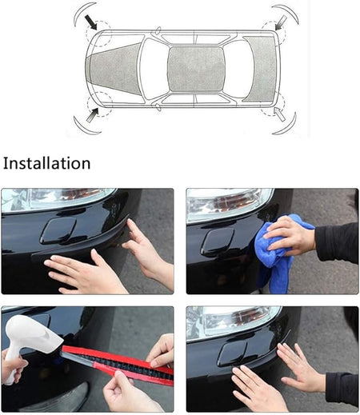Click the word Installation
(x=46, y=163)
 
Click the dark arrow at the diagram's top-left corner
(x=91, y=22)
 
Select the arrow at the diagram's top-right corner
(x=281, y=22)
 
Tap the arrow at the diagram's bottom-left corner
(x=93, y=115)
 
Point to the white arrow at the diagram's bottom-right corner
(x=280, y=114)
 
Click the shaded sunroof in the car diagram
(x=196, y=70)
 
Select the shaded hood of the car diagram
(x=115, y=70)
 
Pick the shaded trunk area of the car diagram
(x=259, y=69)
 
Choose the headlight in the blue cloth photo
(x=230, y=204)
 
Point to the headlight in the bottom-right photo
(x=233, y=322)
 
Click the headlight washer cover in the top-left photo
(x=58, y=230)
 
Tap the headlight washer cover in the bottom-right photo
(x=233, y=353)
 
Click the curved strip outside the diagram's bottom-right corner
(x=288, y=126)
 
